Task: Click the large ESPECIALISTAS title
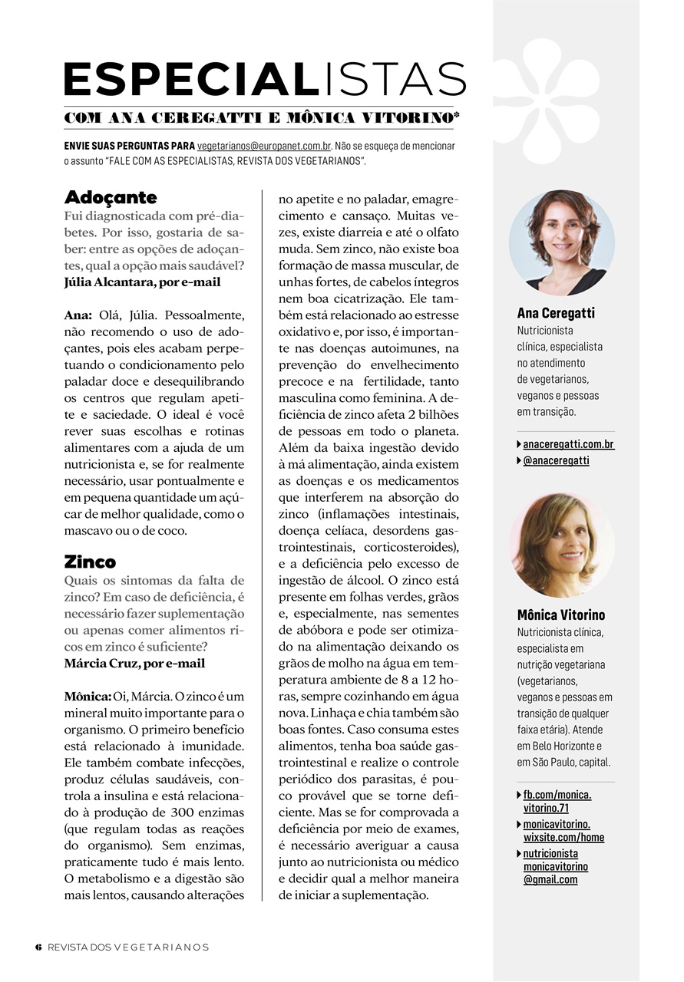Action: (265, 79)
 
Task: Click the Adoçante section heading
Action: (111, 197)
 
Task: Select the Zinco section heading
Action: (90, 562)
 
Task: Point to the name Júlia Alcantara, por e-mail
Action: (143, 282)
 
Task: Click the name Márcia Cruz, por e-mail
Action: (135, 663)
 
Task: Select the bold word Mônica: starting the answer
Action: (88, 696)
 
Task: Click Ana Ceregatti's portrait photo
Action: (561, 243)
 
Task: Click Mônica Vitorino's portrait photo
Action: (561, 545)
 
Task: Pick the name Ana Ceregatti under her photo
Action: (556, 313)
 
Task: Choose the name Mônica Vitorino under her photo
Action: (560, 615)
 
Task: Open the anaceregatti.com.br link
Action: (568, 444)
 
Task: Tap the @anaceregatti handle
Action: (556, 460)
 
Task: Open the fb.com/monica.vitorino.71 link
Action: (557, 801)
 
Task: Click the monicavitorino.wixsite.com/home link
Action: (563, 831)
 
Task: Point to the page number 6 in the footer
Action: (38, 947)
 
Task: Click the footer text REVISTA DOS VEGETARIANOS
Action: (128, 947)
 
